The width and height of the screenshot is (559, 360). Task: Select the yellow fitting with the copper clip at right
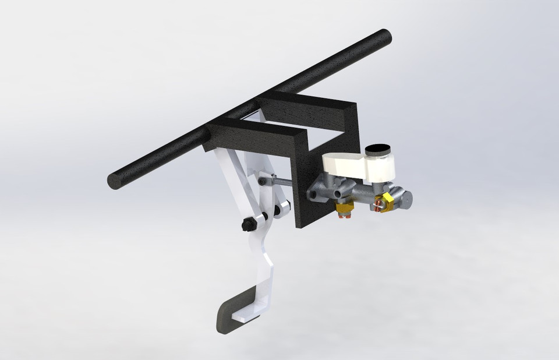point(384,203)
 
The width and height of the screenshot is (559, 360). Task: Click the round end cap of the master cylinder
point(404,198)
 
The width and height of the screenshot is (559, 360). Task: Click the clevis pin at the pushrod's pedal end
point(265,181)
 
